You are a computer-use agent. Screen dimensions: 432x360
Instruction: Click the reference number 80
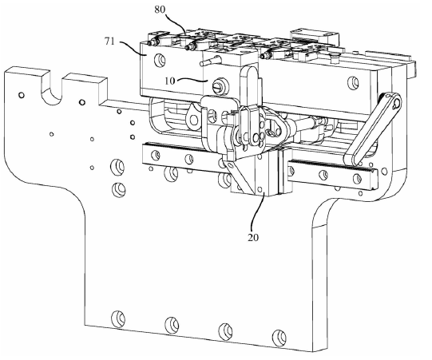[160, 10]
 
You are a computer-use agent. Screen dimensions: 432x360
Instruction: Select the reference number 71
[109, 42]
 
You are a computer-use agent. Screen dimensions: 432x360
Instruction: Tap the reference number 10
[170, 81]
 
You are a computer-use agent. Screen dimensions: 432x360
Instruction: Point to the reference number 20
[253, 237]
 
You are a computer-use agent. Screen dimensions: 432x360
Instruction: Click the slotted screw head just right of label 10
[218, 87]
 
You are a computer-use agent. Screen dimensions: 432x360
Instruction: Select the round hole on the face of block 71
[160, 60]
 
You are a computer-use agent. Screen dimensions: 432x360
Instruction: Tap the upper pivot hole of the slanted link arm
[396, 104]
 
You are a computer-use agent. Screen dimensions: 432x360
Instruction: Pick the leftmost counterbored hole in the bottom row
[118, 319]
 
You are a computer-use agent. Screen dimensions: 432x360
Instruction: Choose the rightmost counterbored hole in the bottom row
[279, 336]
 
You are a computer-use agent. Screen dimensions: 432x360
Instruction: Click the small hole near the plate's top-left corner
[21, 95]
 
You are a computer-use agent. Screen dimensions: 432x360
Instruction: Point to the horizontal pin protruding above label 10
[210, 61]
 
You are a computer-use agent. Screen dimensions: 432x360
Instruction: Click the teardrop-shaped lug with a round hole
[193, 117]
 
